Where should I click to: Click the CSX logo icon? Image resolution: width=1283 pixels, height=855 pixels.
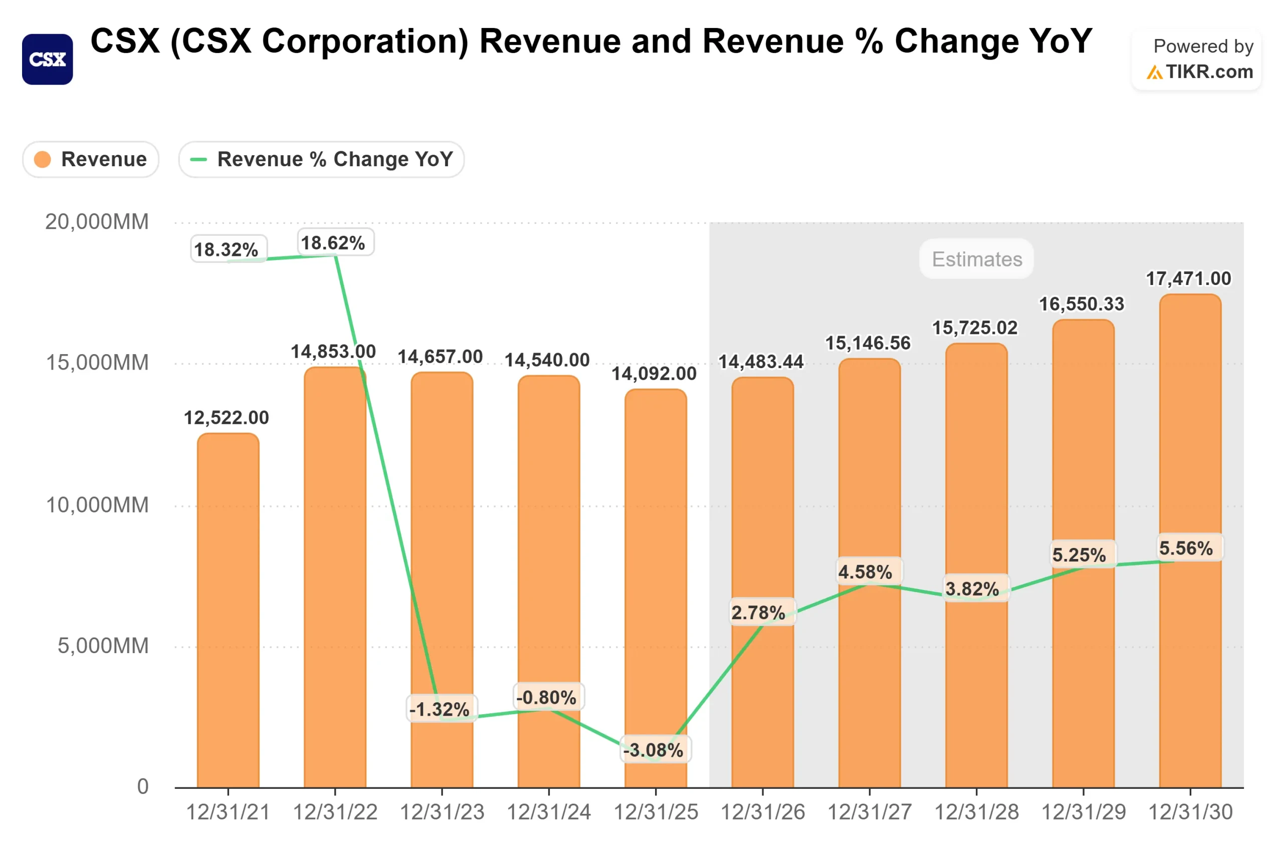48,60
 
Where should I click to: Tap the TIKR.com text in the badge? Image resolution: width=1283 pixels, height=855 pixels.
1209,72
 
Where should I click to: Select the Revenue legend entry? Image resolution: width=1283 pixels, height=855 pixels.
91,160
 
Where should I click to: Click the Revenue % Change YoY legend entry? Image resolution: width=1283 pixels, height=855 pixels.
321,160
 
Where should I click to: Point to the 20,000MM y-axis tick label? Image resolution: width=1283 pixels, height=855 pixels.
97,222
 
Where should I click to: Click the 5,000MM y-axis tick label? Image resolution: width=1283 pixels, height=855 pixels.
103,646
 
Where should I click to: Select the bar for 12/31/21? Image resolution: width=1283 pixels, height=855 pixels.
228,611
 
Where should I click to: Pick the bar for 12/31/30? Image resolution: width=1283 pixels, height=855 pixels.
1190,545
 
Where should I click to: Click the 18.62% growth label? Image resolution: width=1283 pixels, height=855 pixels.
333,242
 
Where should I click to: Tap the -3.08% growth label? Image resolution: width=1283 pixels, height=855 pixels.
654,750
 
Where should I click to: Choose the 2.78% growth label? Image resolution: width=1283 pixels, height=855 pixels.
759,613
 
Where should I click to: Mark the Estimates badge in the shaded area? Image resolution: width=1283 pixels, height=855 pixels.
976,259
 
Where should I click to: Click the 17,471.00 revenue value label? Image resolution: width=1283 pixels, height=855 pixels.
1188,278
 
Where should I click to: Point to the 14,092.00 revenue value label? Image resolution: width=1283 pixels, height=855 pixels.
654,374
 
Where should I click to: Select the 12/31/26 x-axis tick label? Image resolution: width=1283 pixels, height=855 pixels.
763,812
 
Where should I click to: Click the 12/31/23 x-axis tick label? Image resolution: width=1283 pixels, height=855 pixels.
442,812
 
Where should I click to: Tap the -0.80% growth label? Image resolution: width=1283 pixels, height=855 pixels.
547,697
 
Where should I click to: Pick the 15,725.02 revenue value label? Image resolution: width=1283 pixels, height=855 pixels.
974,328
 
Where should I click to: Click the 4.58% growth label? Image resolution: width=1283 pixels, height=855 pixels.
866,572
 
